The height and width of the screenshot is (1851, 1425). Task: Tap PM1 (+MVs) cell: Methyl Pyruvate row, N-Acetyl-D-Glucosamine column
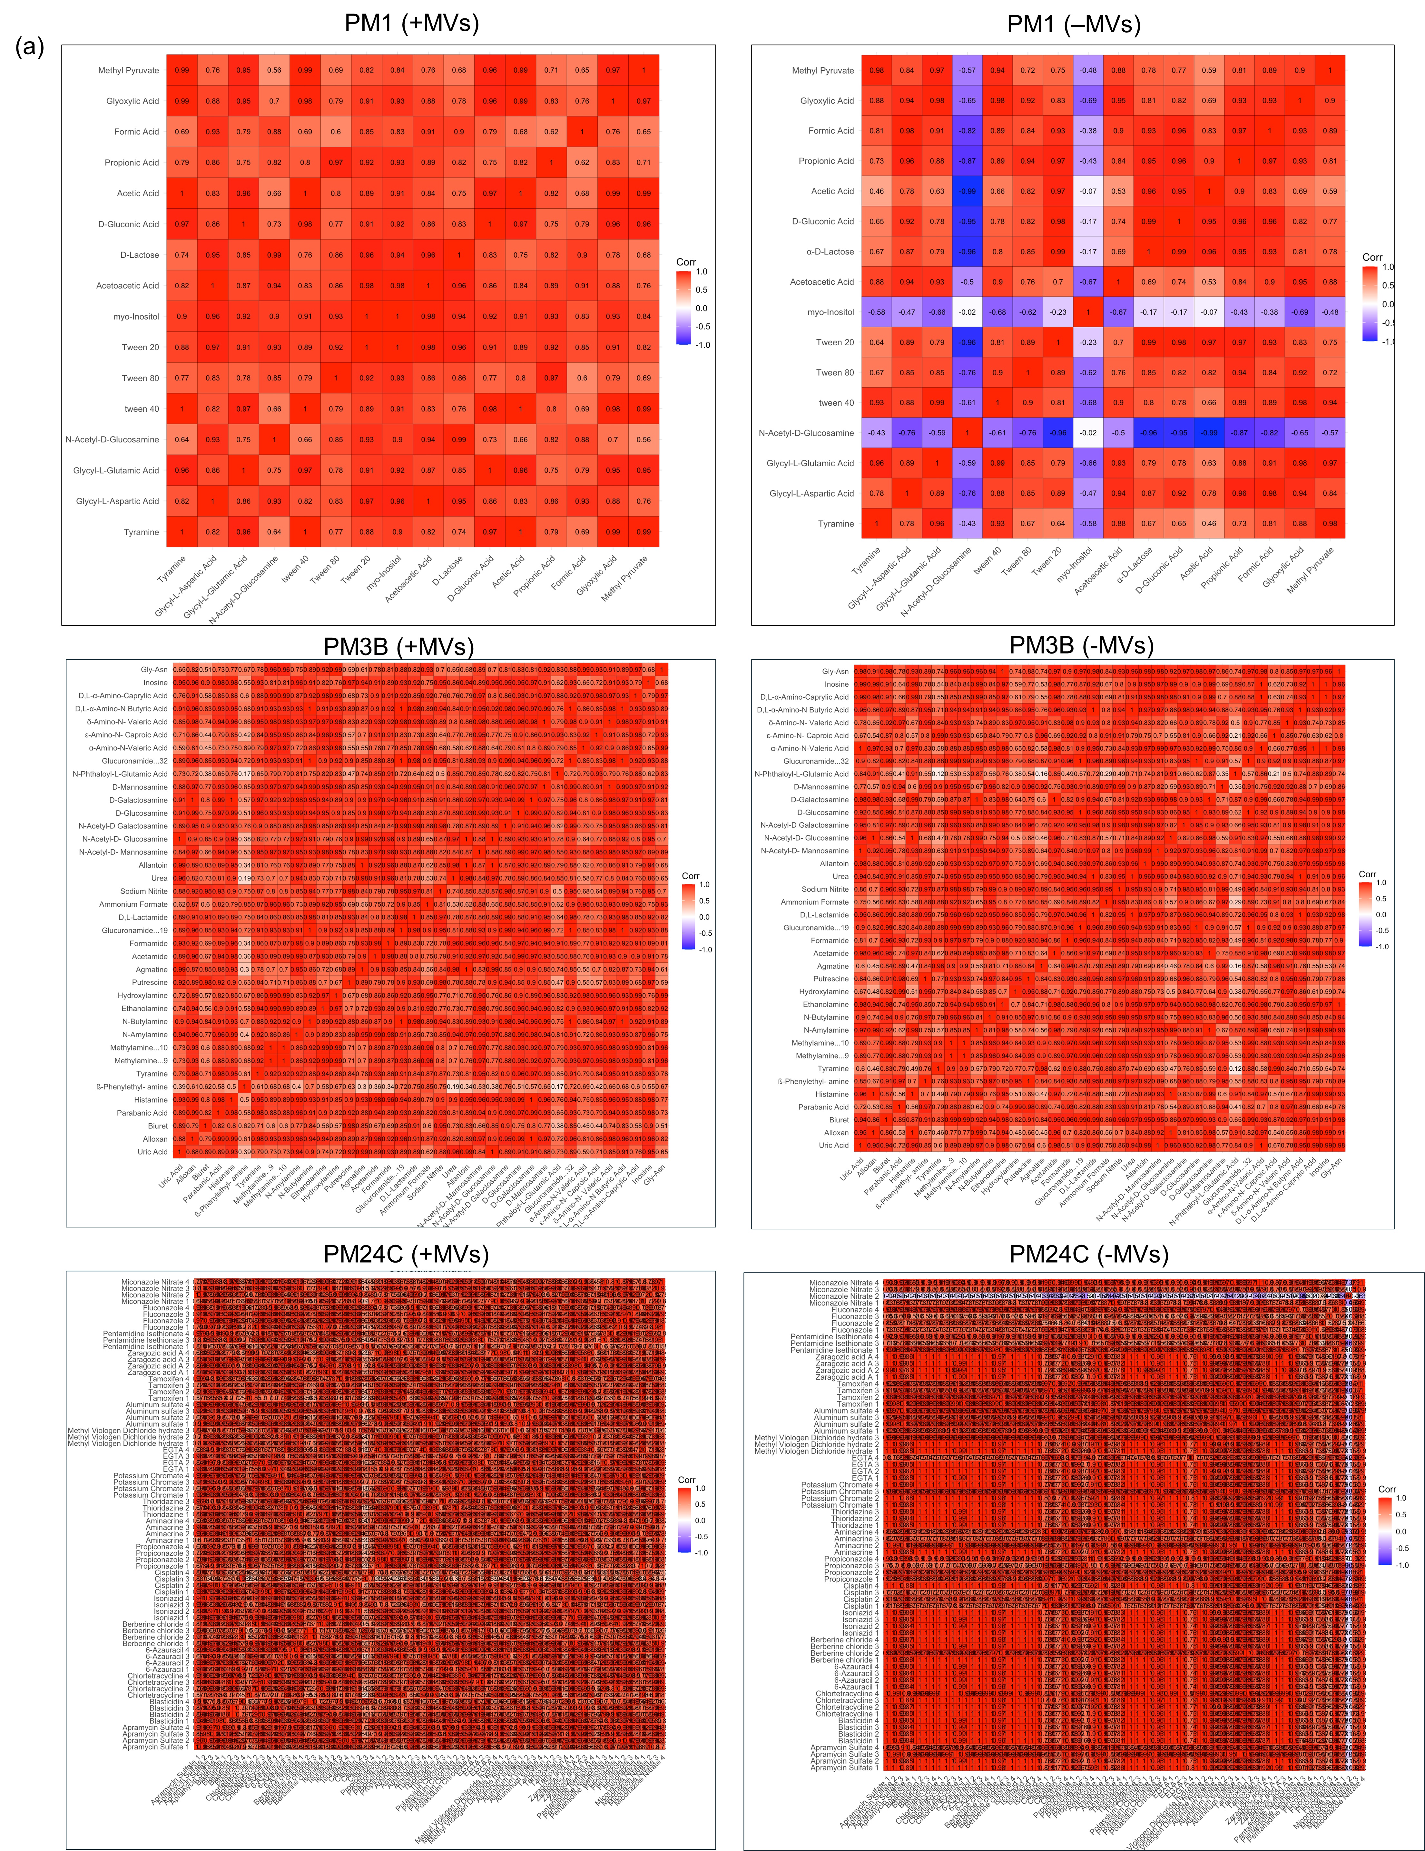(274, 70)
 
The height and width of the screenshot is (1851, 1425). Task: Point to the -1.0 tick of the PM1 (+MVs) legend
(702, 345)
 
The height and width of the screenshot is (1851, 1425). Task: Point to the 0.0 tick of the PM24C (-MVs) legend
(1400, 1531)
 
